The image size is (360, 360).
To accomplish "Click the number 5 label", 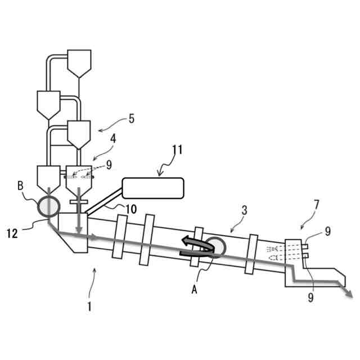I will pos(132,119).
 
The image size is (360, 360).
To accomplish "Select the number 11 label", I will pos(177,150).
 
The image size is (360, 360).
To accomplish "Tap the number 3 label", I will pos(244,210).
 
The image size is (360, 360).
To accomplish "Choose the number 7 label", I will pos(317,204).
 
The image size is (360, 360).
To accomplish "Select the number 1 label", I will pos(89,308).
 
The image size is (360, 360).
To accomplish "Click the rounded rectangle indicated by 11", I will pos(153,188).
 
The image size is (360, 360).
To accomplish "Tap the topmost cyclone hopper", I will pos(79,62).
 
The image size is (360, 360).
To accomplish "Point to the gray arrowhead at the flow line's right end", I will pos(349,294).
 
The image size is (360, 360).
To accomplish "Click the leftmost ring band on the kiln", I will pos(118,237).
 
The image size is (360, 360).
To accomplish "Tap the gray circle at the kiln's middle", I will pos(214,246).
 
